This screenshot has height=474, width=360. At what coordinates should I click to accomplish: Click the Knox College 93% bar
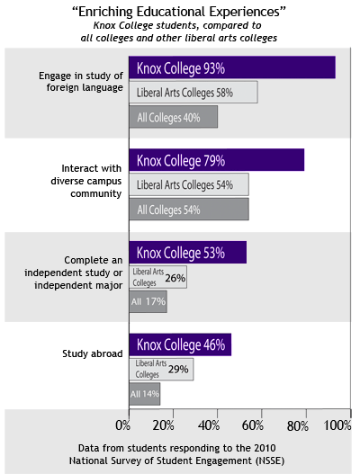[x=232, y=68]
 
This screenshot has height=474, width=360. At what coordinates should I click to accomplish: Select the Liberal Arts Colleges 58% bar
[x=193, y=93]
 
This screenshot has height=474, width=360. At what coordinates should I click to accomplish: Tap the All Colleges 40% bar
[x=173, y=117]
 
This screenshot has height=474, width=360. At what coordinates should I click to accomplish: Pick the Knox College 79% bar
[x=217, y=160]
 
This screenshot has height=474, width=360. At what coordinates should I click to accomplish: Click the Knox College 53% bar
[x=187, y=253]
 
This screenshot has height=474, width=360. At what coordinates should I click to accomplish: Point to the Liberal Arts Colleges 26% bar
[x=158, y=277]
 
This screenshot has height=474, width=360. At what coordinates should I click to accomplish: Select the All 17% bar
[x=148, y=301]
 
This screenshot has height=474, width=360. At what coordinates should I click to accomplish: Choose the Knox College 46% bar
[x=180, y=344]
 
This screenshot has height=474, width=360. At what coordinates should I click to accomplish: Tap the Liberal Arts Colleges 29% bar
[x=161, y=369]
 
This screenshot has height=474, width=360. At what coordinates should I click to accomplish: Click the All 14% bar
[x=145, y=393]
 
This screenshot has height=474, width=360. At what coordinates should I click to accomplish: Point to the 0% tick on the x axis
[x=124, y=425]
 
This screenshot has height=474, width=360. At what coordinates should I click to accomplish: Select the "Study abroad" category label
[x=93, y=353]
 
